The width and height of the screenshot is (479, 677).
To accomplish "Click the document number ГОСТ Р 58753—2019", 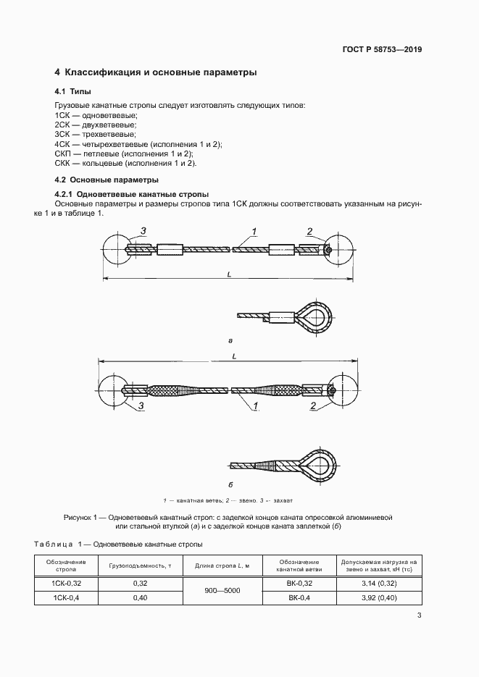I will click(x=382, y=50).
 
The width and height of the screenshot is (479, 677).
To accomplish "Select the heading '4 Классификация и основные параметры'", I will click(x=156, y=72).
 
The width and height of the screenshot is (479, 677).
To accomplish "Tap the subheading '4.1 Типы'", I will click(x=72, y=92).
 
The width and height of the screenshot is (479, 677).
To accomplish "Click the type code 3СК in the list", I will click(x=62, y=135).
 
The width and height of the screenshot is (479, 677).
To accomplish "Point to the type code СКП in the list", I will click(x=63, y=154).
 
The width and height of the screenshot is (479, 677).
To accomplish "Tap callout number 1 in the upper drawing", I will click(x=254, y=232).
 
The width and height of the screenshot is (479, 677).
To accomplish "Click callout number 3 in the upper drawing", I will click(x=143, y=231).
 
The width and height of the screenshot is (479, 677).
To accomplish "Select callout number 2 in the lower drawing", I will click(x=312, y=406).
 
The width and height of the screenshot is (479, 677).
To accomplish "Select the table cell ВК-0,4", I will click(x=299, y=597).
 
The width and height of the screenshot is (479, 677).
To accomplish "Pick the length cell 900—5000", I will click(x=222, y=590).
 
